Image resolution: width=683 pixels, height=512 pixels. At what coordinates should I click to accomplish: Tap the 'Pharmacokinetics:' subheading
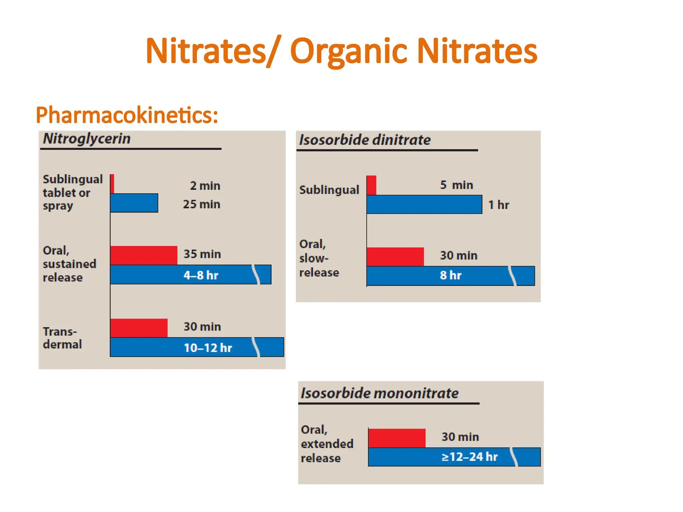pos(127,115)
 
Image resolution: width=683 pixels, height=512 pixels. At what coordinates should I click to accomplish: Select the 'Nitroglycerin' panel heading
pos(87,139)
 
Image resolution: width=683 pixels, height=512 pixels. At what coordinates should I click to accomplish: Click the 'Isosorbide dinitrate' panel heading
pos(365,140)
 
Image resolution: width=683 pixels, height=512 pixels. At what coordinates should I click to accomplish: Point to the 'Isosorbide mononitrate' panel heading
pos(380,393)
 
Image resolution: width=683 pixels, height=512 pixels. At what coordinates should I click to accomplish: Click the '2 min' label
pos(205,186)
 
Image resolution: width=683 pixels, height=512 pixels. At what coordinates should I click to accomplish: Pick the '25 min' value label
pos(201,204)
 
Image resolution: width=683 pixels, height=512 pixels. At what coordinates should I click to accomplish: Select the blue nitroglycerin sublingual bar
pos(134,203)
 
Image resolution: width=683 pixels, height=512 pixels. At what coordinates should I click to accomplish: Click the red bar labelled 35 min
pos(144,255)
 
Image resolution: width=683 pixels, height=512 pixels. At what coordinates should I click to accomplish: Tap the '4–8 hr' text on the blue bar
pos(201,275)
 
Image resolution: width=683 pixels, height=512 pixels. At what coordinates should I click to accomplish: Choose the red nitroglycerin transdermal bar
pos(139,328)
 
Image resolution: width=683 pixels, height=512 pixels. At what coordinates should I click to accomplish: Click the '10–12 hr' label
pos(208,348)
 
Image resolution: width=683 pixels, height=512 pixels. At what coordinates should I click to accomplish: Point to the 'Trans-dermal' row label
pos(62,338)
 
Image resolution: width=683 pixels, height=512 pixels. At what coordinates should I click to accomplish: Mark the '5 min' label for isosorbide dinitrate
pos(457,185)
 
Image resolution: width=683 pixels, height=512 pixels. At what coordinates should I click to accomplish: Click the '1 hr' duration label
pos(499,205)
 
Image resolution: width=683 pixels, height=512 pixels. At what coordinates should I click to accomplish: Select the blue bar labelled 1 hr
pos(424,204)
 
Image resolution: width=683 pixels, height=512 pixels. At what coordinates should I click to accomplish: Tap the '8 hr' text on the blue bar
pos(451,276)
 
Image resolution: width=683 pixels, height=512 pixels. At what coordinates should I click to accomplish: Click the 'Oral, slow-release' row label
pos(319,258)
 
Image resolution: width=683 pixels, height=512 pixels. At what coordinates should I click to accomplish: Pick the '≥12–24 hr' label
pos(470,457)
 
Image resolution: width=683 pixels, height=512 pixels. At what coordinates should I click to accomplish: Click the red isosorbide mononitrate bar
pos(397,438)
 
